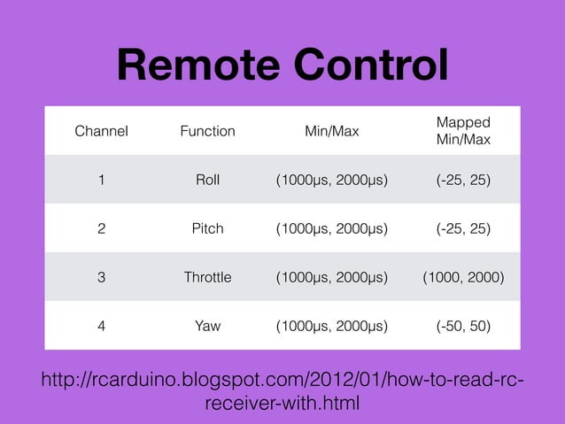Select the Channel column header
click(101, 131)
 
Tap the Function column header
click(207, 131)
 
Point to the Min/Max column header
click(331, 131)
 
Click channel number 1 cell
click(101, 180)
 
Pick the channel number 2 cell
click(101, 228)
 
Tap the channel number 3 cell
click(101, 277)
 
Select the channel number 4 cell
click(101, 326)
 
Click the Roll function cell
click(207, 180)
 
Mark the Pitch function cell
click(207, 228)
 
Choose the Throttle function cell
click(207, 277)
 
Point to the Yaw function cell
click(207, 326)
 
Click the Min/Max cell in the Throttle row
click(331, 277)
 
